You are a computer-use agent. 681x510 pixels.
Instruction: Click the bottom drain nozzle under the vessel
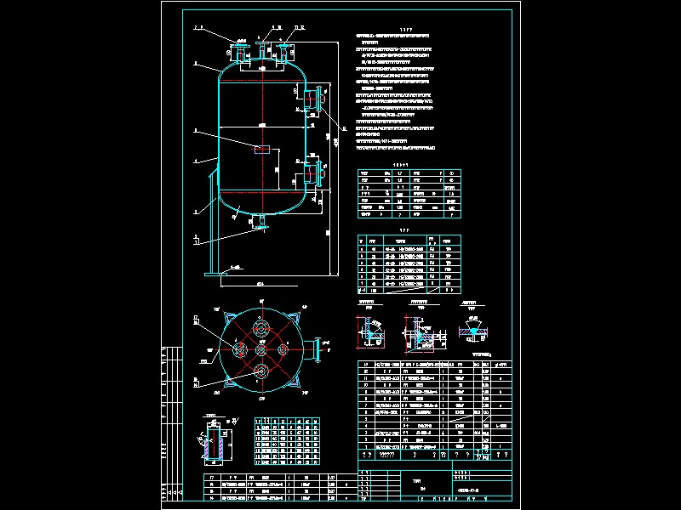click(x=262, y=223)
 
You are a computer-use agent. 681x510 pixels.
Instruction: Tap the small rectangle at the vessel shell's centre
click(x=261, y=149)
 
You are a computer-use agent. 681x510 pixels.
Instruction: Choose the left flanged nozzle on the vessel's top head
click(x=242, y=51)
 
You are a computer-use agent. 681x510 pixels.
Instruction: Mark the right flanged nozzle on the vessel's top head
click(x=280, y=51)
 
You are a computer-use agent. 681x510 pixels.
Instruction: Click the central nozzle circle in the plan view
click(x=261, y=348)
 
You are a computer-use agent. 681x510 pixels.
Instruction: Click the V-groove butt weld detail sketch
click(x=469, y=328)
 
